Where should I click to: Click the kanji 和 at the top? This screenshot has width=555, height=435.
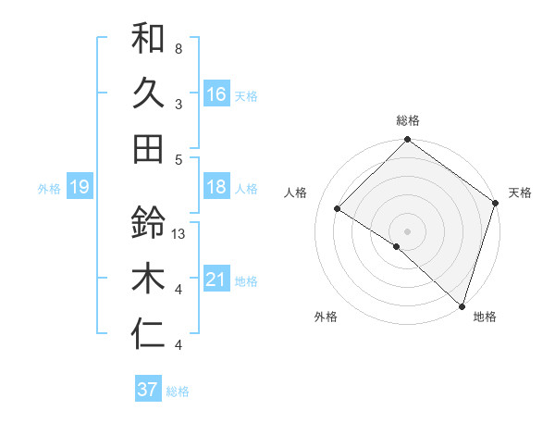(x=148, y=39)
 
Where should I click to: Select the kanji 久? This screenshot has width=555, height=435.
(x=148, y=93)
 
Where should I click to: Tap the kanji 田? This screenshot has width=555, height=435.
(x=148, y=148)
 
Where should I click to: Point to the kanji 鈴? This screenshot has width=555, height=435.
(x=148, y=223)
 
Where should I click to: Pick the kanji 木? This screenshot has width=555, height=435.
(x=148, y=278)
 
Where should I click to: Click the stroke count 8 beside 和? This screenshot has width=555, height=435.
(x=179, y=48)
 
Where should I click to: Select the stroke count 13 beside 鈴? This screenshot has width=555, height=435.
(x=180, y=233)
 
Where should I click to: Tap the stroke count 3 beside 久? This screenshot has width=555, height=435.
(x=179, y=104)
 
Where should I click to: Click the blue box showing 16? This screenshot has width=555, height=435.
(x=216, y=94)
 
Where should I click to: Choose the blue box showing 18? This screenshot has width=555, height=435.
(x=216, y=188)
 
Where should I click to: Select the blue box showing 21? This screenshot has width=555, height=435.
(x=216, y=280)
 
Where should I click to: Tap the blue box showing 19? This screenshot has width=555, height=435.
(x=79, y=188)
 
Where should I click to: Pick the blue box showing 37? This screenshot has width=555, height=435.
(x=147, y=390)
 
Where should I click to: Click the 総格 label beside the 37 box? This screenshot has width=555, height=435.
(x=178, y=391)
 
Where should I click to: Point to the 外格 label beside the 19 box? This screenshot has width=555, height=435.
(x=49, y=189)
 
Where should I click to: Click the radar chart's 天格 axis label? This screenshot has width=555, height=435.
(x=520, y=193)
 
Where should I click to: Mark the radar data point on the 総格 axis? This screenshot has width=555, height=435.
(x=407, y=141)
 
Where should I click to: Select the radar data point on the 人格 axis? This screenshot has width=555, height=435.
(x=338, y=209)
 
